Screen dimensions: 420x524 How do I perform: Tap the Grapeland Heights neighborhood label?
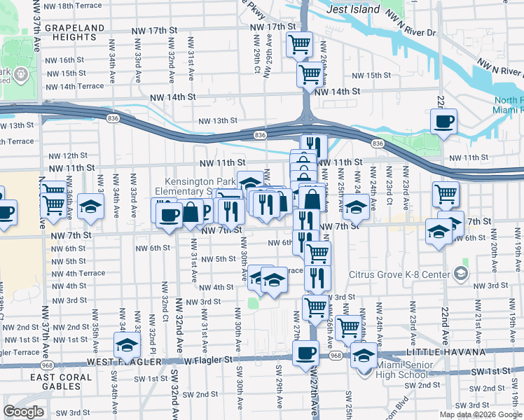pos(74,33)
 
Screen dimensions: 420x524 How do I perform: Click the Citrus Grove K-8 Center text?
pos(403,272)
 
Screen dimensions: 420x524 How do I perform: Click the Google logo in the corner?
pos(23,412)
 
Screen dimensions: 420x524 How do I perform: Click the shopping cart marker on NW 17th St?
pos(299,45)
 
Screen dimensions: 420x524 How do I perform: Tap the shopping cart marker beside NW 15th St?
pos(310,73)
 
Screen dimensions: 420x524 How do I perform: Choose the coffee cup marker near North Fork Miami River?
pos(443,122)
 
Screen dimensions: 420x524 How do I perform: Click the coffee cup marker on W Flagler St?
pos(305,353)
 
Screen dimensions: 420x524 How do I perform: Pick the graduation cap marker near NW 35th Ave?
pos(91,206)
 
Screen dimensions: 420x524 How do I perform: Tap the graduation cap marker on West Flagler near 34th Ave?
pos(127,344)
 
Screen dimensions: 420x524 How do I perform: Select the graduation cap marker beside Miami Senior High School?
pos(363,356)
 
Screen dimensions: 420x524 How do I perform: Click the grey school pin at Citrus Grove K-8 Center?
pos(460,272)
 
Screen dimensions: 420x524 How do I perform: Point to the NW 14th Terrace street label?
pos(72,86)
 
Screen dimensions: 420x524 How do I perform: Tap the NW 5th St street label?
pos(219,258)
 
